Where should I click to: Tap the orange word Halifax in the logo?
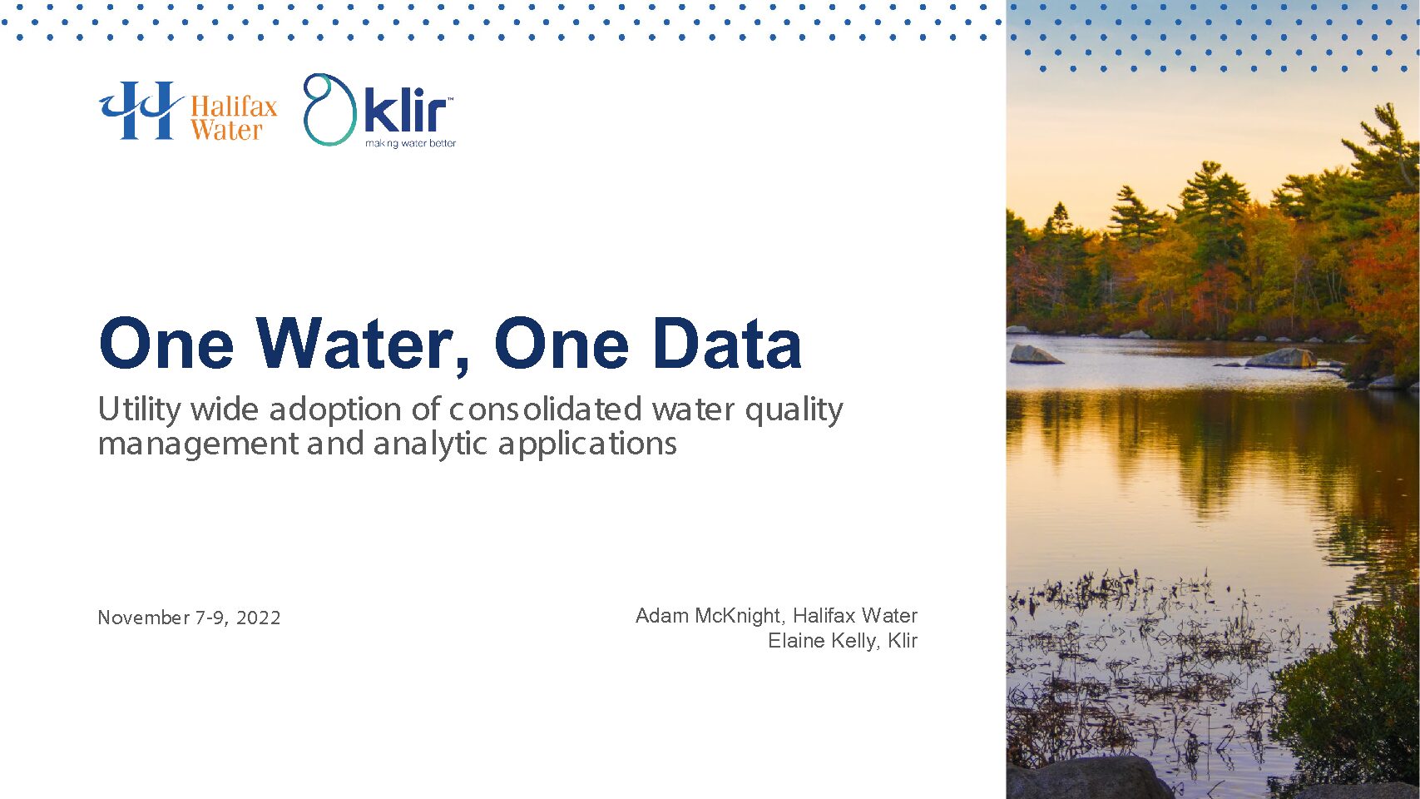pyautogui.click(x=234, y=106)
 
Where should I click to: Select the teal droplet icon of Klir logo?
pyautogui.click(x=329, y=110)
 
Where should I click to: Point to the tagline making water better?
pyautogui.click(x=410, y=143)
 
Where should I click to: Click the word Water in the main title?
pyautogui.click(x=362, y=344)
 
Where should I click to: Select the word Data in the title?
pyautogui.click(x=727, y=344)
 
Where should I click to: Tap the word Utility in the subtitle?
pyautogui.click(x=140, y=409)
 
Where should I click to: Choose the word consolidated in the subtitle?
pyautogui.click(x=545, y=409)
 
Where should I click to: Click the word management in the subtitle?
pyautogui.click(x=198, y=444)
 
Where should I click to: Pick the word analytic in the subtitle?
pyautogui.click(x=430, y=444)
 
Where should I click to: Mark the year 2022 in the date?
pyautogui.click(x=258, y=618)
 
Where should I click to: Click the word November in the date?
pyautogui.click(x=144, y=618)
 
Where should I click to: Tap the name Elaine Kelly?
pyautogui.click(x=822, y=641)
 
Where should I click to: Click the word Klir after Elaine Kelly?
pyautogui.click(x=902, y=641)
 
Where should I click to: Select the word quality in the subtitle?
pyautogui.click(x=794, y=410)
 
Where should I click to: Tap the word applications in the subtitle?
pyautogui.click(x=587, y=444)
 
